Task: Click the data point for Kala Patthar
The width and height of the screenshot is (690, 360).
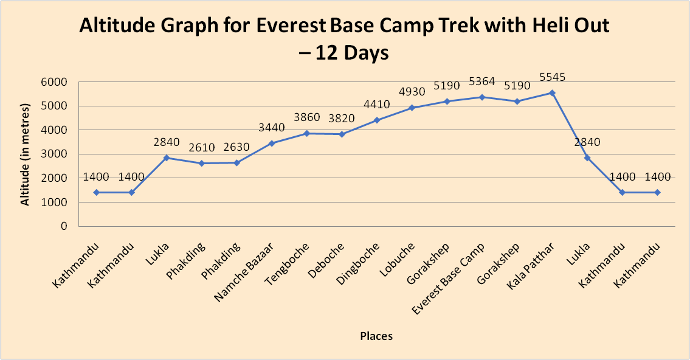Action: [552, 93]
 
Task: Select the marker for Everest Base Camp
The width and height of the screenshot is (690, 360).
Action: [481, 97]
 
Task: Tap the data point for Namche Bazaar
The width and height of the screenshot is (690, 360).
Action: [272, 144]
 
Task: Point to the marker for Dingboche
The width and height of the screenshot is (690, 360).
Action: [377, 120]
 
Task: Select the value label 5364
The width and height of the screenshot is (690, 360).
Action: [481, 82]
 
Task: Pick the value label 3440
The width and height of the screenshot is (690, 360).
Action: [272, 128]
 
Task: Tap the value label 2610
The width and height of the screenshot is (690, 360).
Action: [201, 148]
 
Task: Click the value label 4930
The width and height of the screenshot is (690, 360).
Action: [412, 92]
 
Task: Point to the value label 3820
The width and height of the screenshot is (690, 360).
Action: [342, 119]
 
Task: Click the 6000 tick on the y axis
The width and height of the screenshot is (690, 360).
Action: [55, 82]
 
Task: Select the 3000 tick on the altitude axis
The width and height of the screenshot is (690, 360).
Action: [55, 154]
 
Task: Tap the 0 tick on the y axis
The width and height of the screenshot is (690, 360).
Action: [64, 226]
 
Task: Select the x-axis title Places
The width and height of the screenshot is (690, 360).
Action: [376, 336]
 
